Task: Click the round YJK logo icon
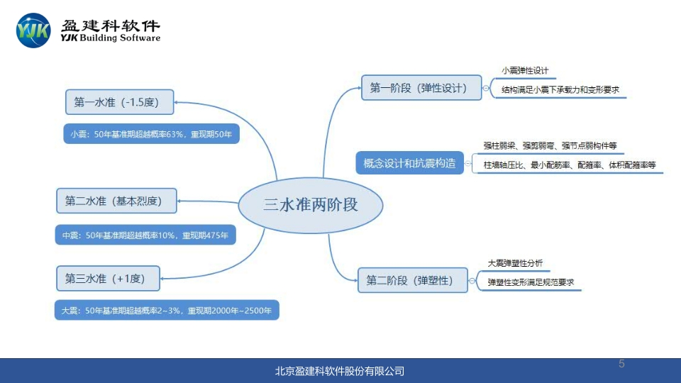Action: point(33,30)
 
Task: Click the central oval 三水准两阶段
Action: point(311,205)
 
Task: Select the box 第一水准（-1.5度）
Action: point(120,103)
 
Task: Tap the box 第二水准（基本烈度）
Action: point(116,201)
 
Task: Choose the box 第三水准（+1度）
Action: point(108,279)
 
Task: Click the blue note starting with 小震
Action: point(151,133)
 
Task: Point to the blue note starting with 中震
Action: point(145,235)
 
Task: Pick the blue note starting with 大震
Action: point(167,310)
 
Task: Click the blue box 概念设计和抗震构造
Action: point(409,164)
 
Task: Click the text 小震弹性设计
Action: point(525,71)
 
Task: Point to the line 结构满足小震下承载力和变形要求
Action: point(560,90)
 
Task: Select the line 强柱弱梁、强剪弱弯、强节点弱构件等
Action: point(550,145)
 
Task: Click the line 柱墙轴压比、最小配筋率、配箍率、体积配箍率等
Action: point(570,165)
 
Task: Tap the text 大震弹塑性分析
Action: point(515,263)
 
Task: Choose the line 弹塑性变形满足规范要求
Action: point(531,282)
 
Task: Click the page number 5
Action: point(621,364)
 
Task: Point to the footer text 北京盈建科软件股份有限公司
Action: point(340,371)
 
